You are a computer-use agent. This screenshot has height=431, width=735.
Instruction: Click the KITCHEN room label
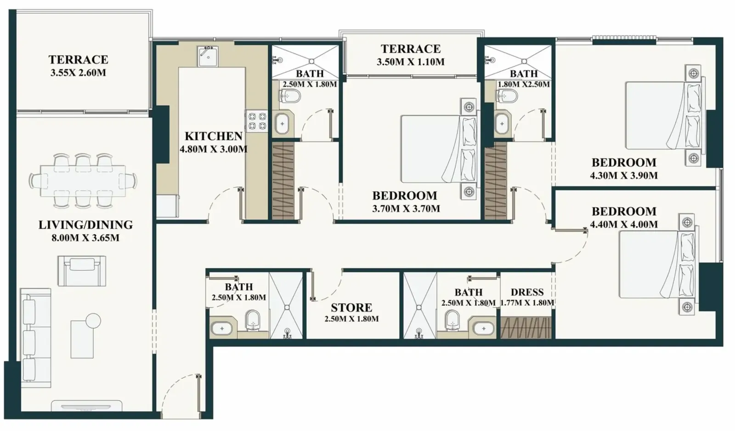213,136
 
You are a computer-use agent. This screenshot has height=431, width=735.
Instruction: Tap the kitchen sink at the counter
208,56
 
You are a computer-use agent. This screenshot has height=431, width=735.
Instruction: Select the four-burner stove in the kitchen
257,121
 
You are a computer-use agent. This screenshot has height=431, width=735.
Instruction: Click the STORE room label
351,308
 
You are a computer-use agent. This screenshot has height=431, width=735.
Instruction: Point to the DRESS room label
527,292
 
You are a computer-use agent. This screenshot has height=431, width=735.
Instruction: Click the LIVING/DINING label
85,225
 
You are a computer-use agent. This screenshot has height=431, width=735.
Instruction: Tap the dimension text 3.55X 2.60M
78,73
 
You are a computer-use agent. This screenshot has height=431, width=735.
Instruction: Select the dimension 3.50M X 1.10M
411,62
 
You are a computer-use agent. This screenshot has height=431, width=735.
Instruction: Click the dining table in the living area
83,180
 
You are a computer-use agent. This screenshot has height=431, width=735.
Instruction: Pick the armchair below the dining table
82,271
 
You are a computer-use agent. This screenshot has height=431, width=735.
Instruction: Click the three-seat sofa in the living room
35,338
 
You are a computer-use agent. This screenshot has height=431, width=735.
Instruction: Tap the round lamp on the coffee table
93,320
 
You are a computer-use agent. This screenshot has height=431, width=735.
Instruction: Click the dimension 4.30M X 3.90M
624,176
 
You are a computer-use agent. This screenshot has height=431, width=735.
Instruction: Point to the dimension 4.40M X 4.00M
624,224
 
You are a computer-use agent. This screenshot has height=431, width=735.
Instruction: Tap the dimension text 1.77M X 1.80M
527,302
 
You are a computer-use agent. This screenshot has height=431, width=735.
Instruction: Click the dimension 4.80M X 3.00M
213,150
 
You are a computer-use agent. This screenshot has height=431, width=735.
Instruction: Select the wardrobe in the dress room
526,327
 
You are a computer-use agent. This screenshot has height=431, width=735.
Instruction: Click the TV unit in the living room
87,406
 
